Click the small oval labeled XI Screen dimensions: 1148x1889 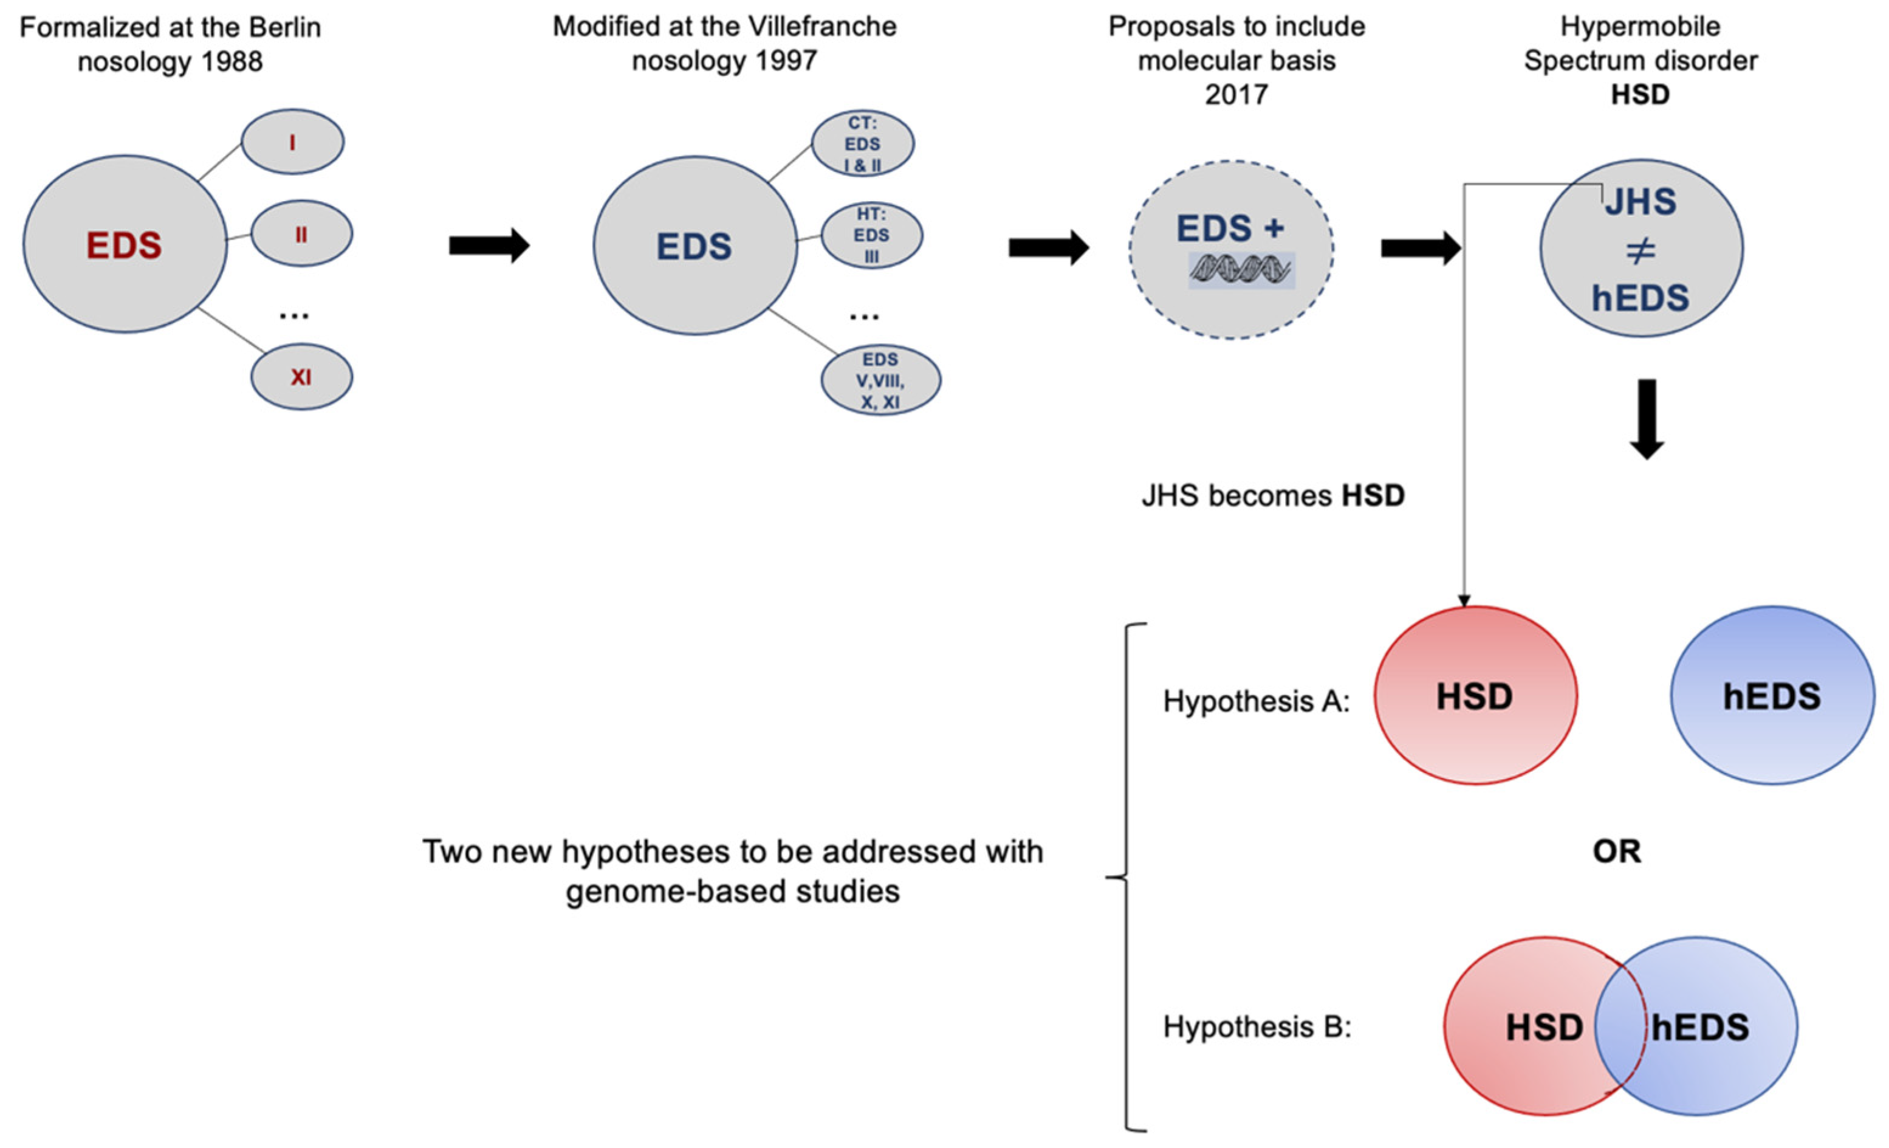(301, 377)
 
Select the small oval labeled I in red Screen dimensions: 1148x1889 (292, 142)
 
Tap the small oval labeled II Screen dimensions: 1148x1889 (301, 234)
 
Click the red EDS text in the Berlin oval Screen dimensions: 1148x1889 (123, 246)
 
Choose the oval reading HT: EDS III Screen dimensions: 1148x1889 (872, 235)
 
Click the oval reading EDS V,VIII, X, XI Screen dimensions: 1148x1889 (880, 380)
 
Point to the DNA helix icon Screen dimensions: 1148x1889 (1241, 270)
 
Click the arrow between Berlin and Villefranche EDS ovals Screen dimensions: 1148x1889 (489, 246)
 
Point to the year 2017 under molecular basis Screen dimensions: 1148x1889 (1236, 94)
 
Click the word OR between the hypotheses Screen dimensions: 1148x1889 (1617, 851)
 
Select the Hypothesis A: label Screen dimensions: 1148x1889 (1256, 701)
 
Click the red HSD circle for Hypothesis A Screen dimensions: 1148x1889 (1474, 696)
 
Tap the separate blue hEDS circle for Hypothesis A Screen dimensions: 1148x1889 (1772, 696)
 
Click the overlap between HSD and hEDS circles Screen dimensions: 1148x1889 (1620, 1026)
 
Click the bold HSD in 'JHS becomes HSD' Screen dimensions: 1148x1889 (1373, 495)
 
